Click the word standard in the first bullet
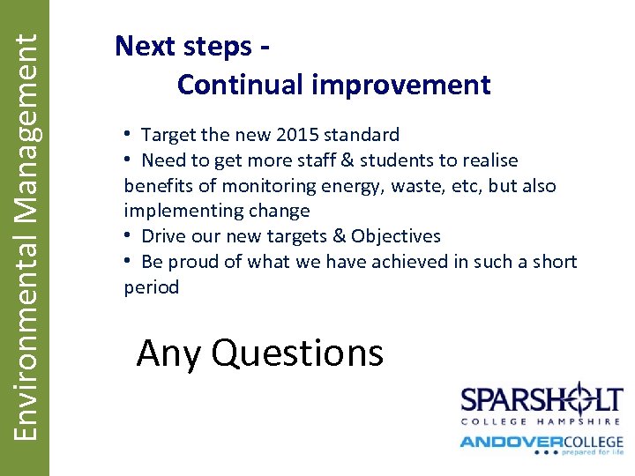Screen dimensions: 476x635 coord(362,135)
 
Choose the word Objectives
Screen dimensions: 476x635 coord(395,236)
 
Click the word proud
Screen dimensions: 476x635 coord(192,262)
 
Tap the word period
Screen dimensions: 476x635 coord(152,287)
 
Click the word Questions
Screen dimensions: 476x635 coord(297,353)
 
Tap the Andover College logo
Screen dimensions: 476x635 coord(541,443)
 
